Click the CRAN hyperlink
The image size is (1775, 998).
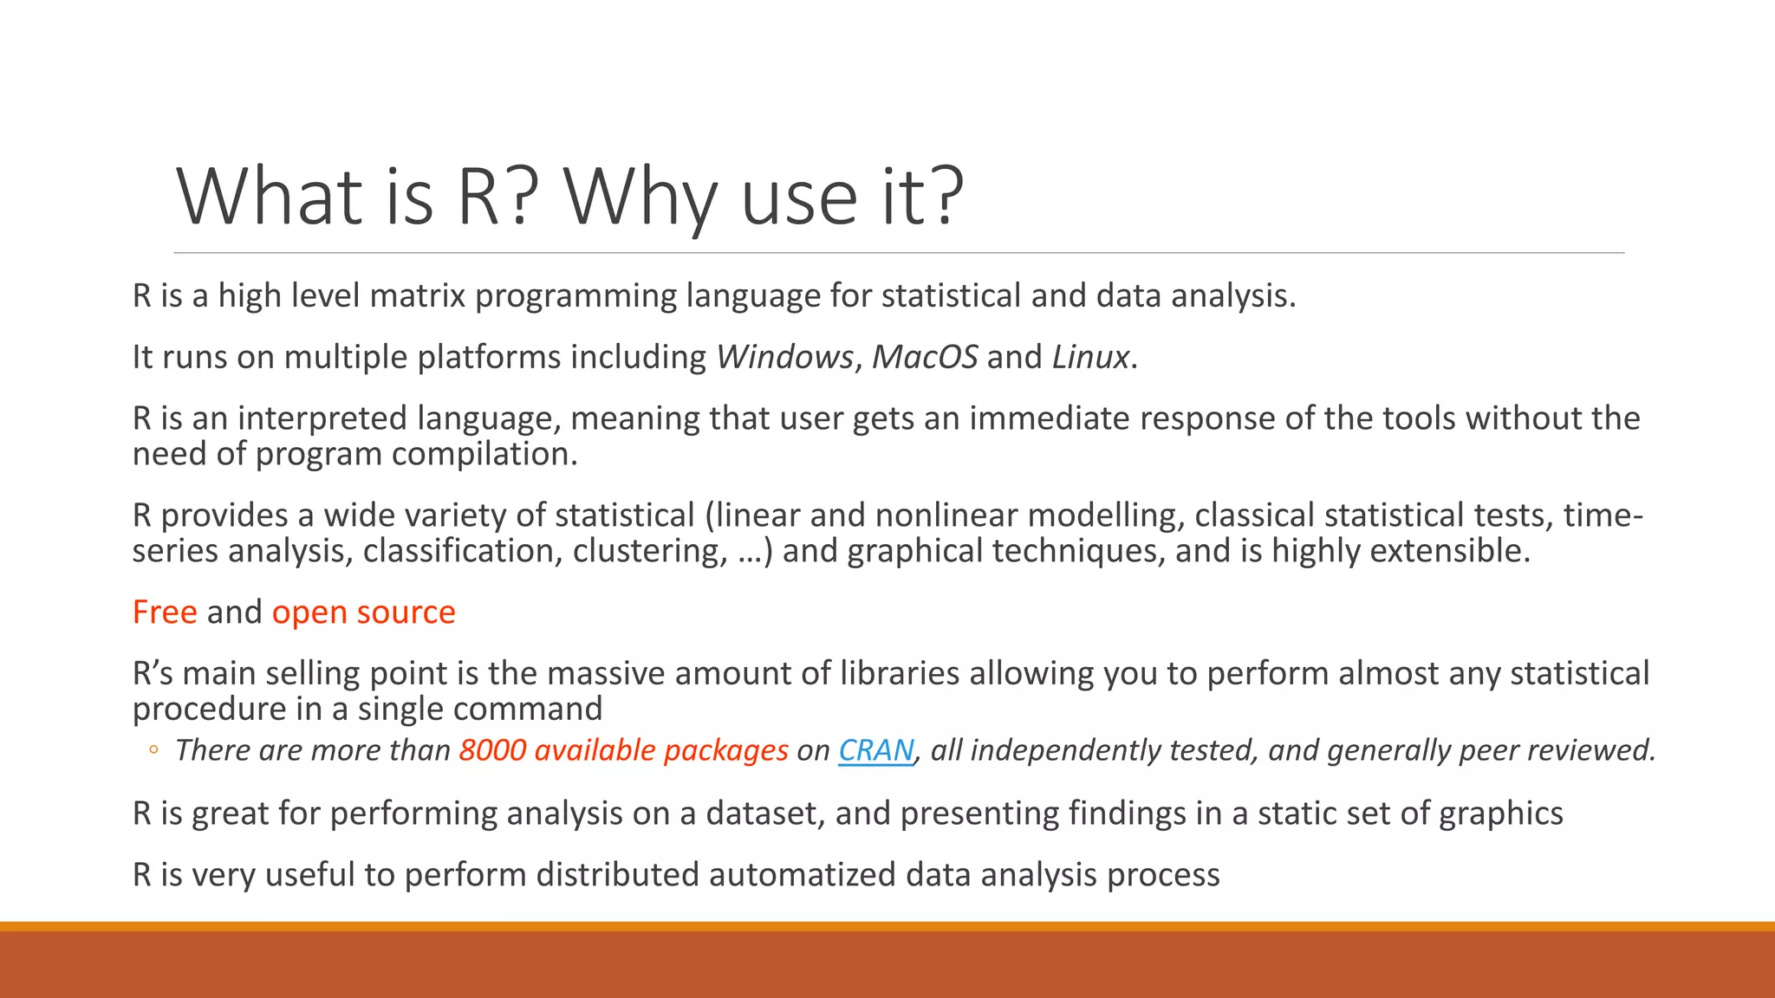tap(876, 750)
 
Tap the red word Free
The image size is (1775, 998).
tap(165, 612)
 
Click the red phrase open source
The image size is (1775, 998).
tap(363, 612)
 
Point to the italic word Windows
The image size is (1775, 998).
tap(784, 357)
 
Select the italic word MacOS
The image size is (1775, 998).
tap(924, 357)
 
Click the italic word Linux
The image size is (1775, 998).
tap(1090, 357)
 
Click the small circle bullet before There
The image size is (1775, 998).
tap(153, 751)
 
